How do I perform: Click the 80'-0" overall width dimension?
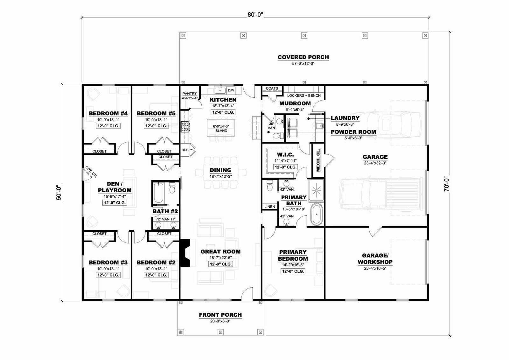click(x=255, y=15)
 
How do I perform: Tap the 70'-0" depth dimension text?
click(x=447, y=184)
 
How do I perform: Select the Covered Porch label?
click(x=303, y=57)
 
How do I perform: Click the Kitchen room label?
click(x=223, y=100)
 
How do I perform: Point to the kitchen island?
click(x=221, y=128)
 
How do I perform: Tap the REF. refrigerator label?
click(x=185, y=150)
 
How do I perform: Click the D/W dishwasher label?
click(x=231, y=90)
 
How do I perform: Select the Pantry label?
click(x=190, y=94)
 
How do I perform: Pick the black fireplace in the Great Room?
click(x=185, y=252)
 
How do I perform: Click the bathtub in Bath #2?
click(x=159, y=193)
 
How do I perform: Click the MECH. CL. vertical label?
click(x=318, y=160)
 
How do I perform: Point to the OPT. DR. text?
click(x=91, y=172)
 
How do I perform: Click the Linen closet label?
click(x=270, y=207)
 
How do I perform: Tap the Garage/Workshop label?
click(x=375, y=259)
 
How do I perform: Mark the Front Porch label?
click(x=220, y=315)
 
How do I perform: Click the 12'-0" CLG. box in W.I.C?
click(x=285, y=167)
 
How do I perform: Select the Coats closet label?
click(x=272, y=88)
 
